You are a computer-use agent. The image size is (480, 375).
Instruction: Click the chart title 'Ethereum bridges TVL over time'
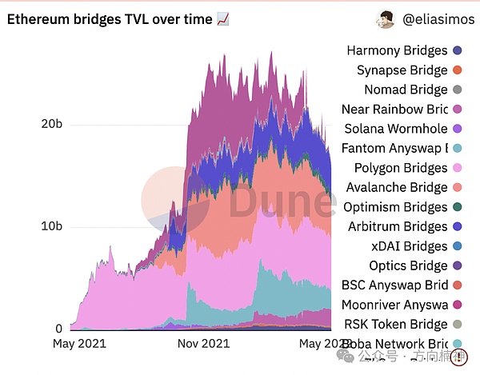[x=110, y=19]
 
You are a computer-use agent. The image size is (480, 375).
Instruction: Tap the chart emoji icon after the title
[x=223, y=19]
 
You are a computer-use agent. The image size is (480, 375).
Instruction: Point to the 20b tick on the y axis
[x=51, y=124]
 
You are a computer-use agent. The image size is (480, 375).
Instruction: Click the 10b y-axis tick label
[x=51, y=226]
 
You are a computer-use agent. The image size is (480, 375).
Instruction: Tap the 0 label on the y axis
[x=58, y=329]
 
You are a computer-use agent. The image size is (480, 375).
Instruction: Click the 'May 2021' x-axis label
[x=78, y=344]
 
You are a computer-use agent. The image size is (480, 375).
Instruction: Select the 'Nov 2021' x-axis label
[x=202, y=344]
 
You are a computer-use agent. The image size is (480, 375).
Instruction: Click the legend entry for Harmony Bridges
[x=396, y=50]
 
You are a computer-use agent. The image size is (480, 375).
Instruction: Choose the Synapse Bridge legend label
[x=402, y=70]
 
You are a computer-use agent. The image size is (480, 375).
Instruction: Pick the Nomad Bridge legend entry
[x=406, y=90]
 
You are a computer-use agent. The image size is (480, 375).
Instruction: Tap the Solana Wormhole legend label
[x=395, y=129]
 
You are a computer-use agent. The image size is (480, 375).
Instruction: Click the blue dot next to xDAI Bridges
[x=457, y=246]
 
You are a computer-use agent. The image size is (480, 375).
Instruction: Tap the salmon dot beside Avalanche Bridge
[x=457, y=187]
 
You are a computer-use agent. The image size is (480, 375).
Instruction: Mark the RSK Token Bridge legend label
[x=395, y=324]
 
